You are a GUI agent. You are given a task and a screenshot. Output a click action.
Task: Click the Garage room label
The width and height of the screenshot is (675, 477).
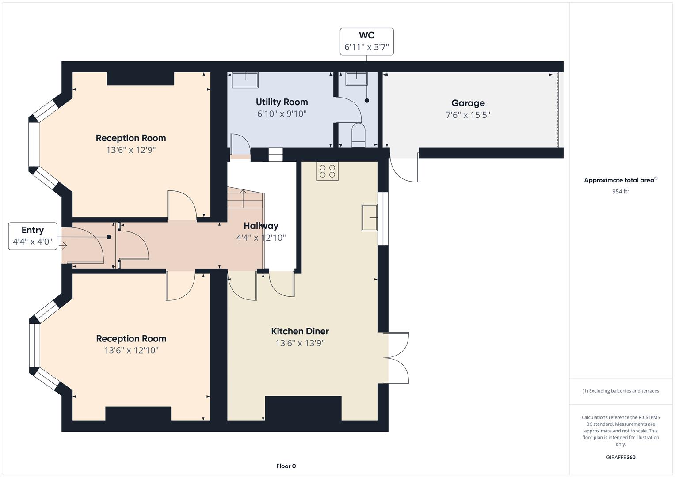468,103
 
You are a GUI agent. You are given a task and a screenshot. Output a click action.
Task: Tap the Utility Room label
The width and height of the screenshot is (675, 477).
282,102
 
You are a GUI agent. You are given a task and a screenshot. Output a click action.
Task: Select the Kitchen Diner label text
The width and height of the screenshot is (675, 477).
300,331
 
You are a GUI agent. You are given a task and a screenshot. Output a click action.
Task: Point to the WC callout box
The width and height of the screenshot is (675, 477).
367,42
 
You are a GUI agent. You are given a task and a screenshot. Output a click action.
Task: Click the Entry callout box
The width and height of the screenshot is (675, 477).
33,236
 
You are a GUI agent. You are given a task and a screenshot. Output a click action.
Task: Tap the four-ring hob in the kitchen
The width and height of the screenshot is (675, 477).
327,171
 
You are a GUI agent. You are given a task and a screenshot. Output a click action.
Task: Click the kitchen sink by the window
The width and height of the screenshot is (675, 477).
370,218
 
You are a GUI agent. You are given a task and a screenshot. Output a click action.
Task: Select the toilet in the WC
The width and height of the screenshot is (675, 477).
358,135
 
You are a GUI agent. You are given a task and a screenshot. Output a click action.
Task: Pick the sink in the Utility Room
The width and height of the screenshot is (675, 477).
245,80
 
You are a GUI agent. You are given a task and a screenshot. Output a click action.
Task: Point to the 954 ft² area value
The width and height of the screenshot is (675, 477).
621,191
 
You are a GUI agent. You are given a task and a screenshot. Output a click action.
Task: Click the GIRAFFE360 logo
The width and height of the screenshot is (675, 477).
621,457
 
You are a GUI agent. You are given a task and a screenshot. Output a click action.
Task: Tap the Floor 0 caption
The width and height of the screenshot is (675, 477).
286,466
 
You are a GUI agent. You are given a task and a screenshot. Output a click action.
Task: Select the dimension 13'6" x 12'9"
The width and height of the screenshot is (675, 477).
131,150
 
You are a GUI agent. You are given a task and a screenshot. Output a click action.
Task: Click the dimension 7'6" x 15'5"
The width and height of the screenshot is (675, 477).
468,115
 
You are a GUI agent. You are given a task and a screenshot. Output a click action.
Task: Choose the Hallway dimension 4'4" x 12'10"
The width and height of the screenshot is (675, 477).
261,238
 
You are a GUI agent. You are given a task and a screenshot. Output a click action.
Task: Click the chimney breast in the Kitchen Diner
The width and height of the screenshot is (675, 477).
303,409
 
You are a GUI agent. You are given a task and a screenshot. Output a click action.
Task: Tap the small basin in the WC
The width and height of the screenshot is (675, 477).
356,79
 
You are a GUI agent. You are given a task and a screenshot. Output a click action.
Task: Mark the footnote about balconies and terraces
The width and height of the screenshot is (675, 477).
621,391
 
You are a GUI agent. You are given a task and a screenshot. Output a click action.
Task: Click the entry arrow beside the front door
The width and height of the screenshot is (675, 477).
63,246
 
